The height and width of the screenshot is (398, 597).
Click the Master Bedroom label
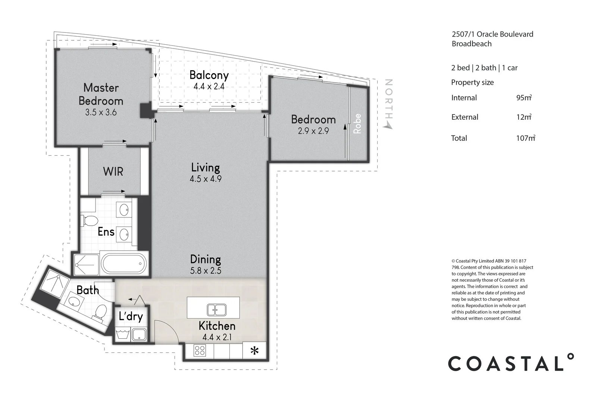pyautogui.click(x=101, y=94)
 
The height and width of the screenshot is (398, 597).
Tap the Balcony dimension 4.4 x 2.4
pyautogui.click(x=209, y=86)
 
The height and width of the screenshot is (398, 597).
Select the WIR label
pyautogui.click(x=113, y=172)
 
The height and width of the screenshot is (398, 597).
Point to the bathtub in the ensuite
pyautogui.click(x=124, y=264)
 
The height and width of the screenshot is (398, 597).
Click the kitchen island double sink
pyautogui.click(x=217, y=310)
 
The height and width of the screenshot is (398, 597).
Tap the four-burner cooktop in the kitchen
pyautogui.click(x=200, y=350)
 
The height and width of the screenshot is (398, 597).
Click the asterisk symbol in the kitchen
pyautogui.click(x=254, y=351)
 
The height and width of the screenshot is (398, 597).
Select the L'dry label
pyautogui.click(x=131, y=316)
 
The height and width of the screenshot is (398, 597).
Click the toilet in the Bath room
pyautogui.click(x=100, y=313)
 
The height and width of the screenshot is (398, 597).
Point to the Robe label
pyautogui.click(x=357, y=123)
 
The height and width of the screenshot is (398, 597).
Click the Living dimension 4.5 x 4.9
pyautogui.click(x=206, y=179)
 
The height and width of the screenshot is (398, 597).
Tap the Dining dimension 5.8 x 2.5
pyautogui.click(x=206, y=271)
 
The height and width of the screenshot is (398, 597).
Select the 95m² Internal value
pyautogui.click(x=524, y=97)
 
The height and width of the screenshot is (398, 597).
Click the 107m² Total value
pyautogui.click(x=526, y=138)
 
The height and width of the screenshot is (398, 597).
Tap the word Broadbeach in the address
pyautogui.click(x=472, y=44)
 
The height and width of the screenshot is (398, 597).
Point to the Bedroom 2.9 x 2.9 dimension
pyautogui.click(x=313, y=131)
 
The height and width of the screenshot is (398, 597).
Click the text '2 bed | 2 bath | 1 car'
pyautogui.click(x=484, y=68)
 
